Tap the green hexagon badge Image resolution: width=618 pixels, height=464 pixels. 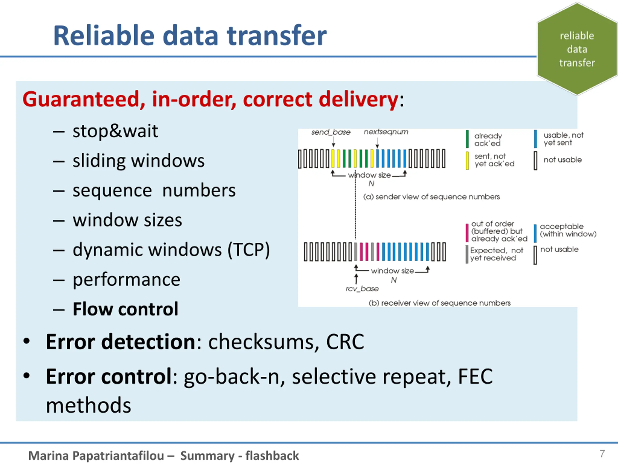(x=577, y=49)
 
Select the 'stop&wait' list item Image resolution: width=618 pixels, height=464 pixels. (x=115, y=131)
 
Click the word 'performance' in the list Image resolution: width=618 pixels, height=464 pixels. (x=126, y=279)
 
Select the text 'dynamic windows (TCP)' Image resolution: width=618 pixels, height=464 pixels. (x=171, y=249)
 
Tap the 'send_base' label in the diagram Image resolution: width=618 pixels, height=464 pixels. (x=331, y=132)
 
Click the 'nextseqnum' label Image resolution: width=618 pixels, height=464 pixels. (x=386, y=132)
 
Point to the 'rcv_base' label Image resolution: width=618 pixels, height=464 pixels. (x=362, y=289)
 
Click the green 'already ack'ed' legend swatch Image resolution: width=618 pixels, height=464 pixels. (x=467, y=139)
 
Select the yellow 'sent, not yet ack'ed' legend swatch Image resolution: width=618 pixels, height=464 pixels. (x=467, y=160)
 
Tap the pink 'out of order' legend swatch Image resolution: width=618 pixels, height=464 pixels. (x=467, y=233)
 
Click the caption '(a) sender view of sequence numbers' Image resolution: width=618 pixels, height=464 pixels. (x=431, y=197)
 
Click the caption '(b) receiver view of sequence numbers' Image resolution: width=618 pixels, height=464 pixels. (x=439, y=303)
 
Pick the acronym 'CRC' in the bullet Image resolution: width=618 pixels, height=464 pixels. (x=345, y=342)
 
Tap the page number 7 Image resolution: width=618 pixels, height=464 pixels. (x=602, y=454)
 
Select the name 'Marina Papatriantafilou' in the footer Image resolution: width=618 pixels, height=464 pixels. (x=96, y=456)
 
